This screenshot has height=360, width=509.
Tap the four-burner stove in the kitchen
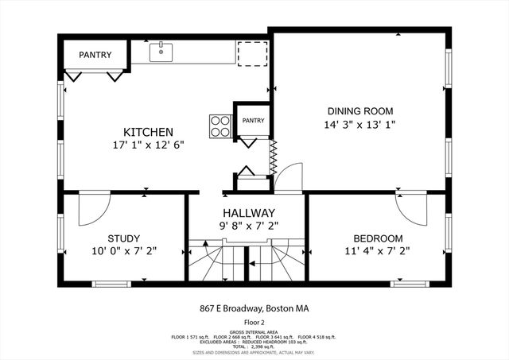[220, 126]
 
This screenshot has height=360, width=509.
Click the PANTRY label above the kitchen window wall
[95, 55]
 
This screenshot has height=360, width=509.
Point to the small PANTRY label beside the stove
[253, 120]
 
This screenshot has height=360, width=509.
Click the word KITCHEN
[148, 132]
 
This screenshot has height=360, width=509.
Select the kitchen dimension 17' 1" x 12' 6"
[148, 145]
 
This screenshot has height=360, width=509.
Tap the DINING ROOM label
[360, 111]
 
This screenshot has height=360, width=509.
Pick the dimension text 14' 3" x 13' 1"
[360, 125]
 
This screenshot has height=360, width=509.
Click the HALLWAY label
[249, 213]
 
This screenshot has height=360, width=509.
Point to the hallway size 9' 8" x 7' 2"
[249, 226]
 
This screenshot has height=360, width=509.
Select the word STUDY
[123, 238]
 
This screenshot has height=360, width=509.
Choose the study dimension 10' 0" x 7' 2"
[123, 251]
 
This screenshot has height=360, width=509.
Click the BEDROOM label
[378, 238]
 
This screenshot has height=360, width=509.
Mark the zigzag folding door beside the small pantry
[273, 158]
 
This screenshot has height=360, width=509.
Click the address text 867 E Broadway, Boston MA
[254, 308]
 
